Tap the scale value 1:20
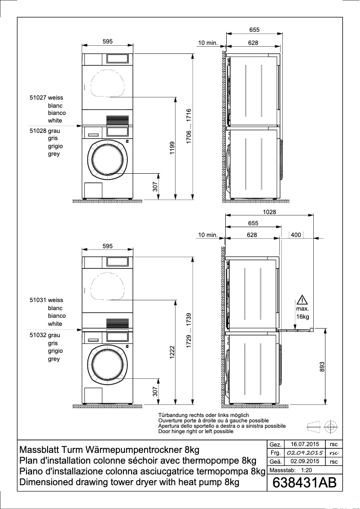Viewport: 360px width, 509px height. pyautogui.click(x=306, y=470)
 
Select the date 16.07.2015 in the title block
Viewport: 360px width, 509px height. pyautogui.click(x=304, y=444)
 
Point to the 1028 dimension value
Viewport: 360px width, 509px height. pyautogui.click(x=269, y=212)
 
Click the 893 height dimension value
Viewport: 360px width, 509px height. pyautogui.click(x=321, y=367)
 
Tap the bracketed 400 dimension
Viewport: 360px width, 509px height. pyautogui.click(x=296, y=235)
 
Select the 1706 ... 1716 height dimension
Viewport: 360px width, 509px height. pyautogui.click(x=189, y=126)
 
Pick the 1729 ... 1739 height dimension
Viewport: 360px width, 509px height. pyautogui.click(x=189, y=331)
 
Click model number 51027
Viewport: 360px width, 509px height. pyautogui.click(x=38, y=97)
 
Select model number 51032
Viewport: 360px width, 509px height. pyautogui.click(x=38, y=335)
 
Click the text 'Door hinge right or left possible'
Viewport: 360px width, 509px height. pyautogui.click(x=196, y=431)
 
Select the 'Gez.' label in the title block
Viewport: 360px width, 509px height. pyautogui.click(x=275, y=444)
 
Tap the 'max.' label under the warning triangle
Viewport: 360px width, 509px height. pyautogui.click(x=303, y=309)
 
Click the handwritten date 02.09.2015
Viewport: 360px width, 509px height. pyautogui.click(x=305, y=453)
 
